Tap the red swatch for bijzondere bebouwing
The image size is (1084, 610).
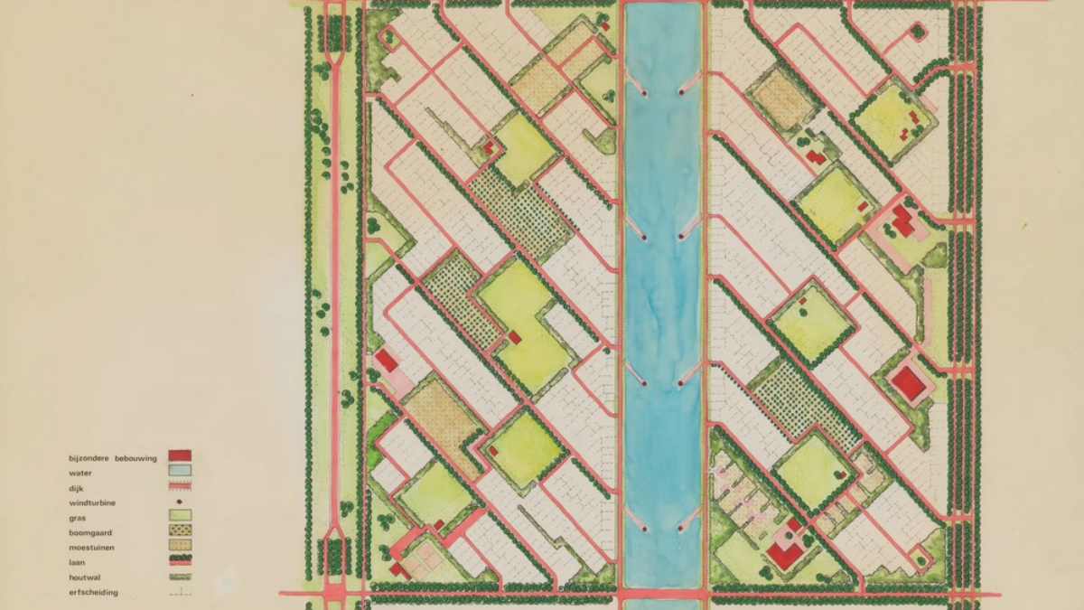(x=180, y=455)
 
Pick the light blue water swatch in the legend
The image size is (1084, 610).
(x=180, y=471)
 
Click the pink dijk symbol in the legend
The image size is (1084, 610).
(x=180, y=487)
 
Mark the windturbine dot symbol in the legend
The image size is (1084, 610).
(x=180, y=502)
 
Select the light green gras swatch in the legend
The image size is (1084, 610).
(x=180, y=516)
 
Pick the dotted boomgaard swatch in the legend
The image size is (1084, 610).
(x=180, y=531)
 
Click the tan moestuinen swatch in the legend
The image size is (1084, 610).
(x=180, y=546)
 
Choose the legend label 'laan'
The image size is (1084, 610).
(x=77, y=562)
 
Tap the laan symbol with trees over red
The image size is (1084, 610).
(x=180, y=561)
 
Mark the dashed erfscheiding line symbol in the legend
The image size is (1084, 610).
(x=180, y=593)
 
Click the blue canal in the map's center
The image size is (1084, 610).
(x=662, y=298)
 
